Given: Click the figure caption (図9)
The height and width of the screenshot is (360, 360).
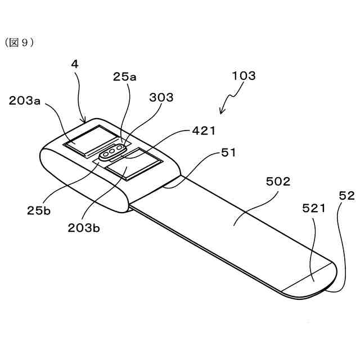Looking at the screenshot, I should click(x=20, y=43).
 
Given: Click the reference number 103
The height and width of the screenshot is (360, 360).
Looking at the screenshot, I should click(x=243, y=75).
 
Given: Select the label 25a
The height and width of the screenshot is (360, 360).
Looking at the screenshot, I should click(x=124, y=77).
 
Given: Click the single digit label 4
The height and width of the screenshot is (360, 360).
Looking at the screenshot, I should click(x=74, y=64).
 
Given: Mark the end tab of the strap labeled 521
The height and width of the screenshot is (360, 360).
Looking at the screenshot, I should click(x=309, y=280).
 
